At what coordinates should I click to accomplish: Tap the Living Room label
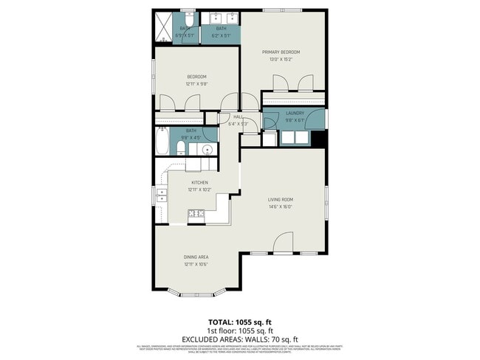281,199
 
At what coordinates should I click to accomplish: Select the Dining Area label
196,257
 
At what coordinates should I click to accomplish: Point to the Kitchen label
199,182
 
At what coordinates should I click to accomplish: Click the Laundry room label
295,113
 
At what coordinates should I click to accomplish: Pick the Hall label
238,117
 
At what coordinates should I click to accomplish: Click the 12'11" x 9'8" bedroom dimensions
196,83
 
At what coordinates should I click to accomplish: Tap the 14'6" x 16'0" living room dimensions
281,207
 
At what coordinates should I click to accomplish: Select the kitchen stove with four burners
196,215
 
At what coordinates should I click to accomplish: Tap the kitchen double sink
161,195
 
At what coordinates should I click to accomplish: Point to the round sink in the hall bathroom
208,150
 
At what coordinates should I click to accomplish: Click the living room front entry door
284,243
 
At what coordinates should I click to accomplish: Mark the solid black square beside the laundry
318,139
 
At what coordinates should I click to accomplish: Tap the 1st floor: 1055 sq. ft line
240,330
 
